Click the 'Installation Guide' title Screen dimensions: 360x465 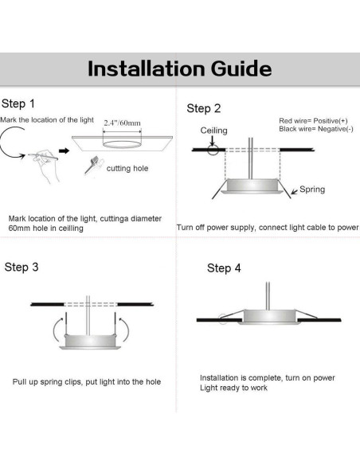click(180, 68)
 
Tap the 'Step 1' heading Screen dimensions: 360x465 click(18, 104)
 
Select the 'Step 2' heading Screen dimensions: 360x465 click(204, 108)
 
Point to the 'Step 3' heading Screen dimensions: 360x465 click(22, 268)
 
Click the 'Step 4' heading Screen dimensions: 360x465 click(224, 268)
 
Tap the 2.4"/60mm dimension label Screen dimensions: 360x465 click(122, 123)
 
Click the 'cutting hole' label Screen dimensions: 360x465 click(127, 169)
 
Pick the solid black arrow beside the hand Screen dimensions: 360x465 click(64, 151)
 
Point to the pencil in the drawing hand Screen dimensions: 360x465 click(43, 157)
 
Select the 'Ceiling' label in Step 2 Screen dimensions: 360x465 click(213, 131)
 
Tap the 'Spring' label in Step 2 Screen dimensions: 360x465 click(312, 190)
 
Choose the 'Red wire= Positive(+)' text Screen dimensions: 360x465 click(313, 121)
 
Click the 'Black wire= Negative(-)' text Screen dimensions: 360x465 click(316, 129)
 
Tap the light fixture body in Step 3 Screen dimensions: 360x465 click(90, 342)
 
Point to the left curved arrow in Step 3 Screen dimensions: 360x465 click(57, 329)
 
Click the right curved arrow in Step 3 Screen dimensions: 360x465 click(125, 329)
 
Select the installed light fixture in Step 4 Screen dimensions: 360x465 click(269, 317)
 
